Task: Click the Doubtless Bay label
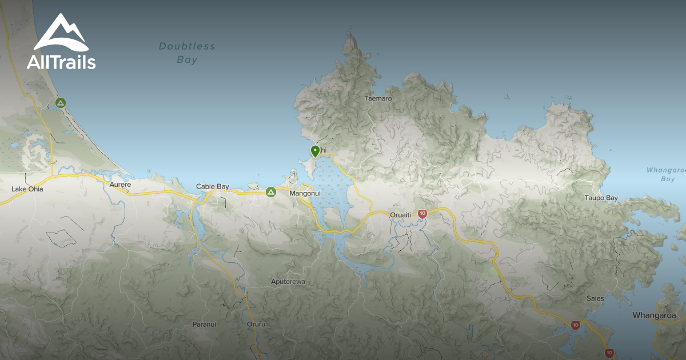click(x=187, y=53)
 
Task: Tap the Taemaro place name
click(x=378, y=98)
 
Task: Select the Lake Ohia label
click(x=27, y=189)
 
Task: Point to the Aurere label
click(x=121, y=185)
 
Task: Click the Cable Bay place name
click(x=213, y=186)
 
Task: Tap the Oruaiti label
click(x=400, y=215)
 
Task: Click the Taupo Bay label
click(x=601, y=198)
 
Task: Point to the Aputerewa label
click(x=288, y=282)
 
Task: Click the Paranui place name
click(x=204, y=325)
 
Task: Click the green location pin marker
click(x=315, y=151)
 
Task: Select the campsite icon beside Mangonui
click(x=271, y=192)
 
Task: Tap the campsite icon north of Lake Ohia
click(x=61, y=103)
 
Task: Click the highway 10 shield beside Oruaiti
click(x=422, y=214)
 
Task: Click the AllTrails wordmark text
click(x=61, y=62)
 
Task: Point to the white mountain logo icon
click(x=61, y=34)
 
